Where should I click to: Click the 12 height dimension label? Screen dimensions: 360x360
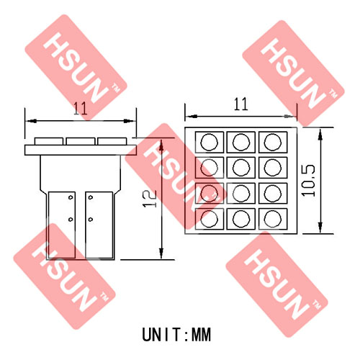point(150,199)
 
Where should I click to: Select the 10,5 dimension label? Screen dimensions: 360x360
point(308,181)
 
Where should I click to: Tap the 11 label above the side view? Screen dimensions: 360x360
point(80,109)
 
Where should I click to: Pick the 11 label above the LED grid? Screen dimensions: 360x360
point(240,104)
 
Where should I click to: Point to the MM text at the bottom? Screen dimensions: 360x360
point(201,335)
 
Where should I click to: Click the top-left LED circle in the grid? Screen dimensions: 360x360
point(210,142)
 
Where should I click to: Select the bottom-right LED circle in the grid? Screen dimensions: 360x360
point(273,219)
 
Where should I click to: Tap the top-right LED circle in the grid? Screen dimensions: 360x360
point(273,142)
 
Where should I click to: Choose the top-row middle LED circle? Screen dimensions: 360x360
point(241,142)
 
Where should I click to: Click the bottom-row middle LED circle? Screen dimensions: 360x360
point(241,219)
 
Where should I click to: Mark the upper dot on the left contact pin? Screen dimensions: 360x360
point(71,197)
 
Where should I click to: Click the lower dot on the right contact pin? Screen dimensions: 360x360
point(91,220)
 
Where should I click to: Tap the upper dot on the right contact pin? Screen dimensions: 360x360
point(91,197)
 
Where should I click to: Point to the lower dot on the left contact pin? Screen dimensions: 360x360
point(71,220)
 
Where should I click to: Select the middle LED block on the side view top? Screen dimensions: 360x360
point(81,141)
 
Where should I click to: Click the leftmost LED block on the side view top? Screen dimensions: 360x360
point(49,141)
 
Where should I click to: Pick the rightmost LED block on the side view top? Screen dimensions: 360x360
point(112,141)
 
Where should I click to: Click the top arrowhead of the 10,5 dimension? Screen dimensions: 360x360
point(320,134)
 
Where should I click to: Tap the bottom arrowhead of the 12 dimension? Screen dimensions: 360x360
point(161,253)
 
